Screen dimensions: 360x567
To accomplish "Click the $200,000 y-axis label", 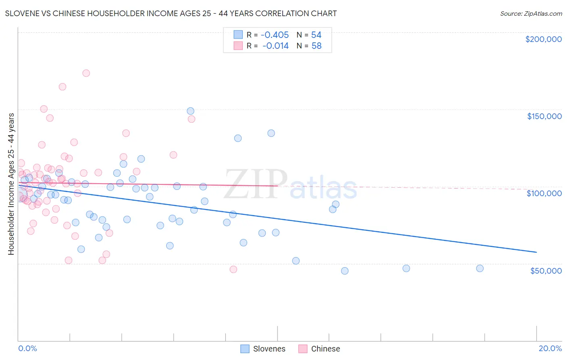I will (543, 39).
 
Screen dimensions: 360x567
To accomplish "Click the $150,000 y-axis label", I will (544, 116).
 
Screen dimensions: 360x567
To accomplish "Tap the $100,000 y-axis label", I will (544, 193).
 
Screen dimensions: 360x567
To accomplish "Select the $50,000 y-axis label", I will (546, 271).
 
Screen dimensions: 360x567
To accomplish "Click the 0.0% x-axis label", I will (27, 348).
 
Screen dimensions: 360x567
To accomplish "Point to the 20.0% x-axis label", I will (550, 348).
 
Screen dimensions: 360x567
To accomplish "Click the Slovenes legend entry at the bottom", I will (263, 349).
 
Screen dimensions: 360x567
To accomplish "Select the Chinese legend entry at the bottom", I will (319, 349).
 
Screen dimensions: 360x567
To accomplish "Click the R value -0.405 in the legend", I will (275, 35).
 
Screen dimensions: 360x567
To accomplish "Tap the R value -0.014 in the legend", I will (275, 46).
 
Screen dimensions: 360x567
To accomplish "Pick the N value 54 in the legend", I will (316, 35).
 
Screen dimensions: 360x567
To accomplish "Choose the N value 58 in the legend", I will (316, 46).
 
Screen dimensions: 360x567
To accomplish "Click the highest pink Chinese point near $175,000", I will (86, 73).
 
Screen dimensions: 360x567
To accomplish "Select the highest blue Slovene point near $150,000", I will (190, 111).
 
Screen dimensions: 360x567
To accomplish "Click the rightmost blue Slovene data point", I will (479, 268).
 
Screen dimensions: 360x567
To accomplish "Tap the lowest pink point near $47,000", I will (233, 269).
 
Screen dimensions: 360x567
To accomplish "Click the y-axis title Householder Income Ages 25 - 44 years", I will (11, 184).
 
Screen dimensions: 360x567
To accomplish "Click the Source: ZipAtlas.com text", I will (531, 14).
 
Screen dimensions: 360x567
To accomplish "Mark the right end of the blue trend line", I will (536, 252).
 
